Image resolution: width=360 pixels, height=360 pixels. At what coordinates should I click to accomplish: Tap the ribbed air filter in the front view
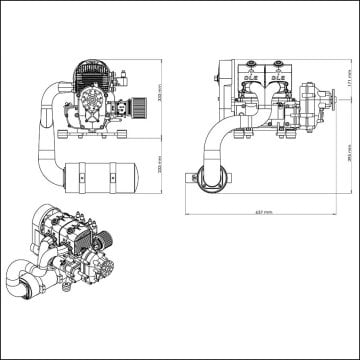pyautogui.click(x=143, y=103)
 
